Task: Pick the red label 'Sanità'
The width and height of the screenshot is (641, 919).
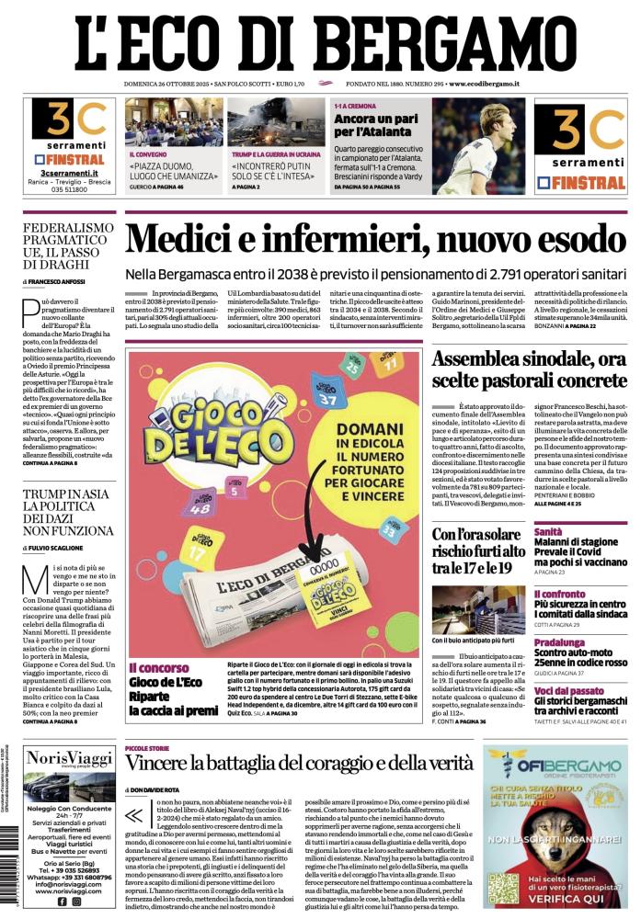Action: (549, 531)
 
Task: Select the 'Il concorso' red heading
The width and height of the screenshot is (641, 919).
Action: (158, 668)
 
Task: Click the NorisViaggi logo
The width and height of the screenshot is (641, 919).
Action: (69, 759)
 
